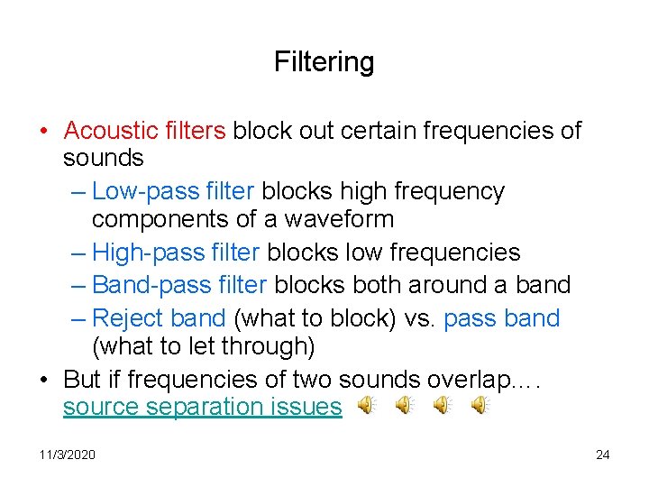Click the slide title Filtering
pos(324,62)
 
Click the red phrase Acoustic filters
pos(144,131)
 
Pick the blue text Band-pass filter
pos(179,285)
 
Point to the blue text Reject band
pos(159,318)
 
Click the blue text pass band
pos(502,318)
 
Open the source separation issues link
pos(202,407)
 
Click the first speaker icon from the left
pos(366,407)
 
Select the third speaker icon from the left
pos(443,407)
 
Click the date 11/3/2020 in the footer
pos(67,455)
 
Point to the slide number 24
pos(602,455)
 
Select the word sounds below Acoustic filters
pos(103,158)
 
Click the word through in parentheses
pos(267,345)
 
